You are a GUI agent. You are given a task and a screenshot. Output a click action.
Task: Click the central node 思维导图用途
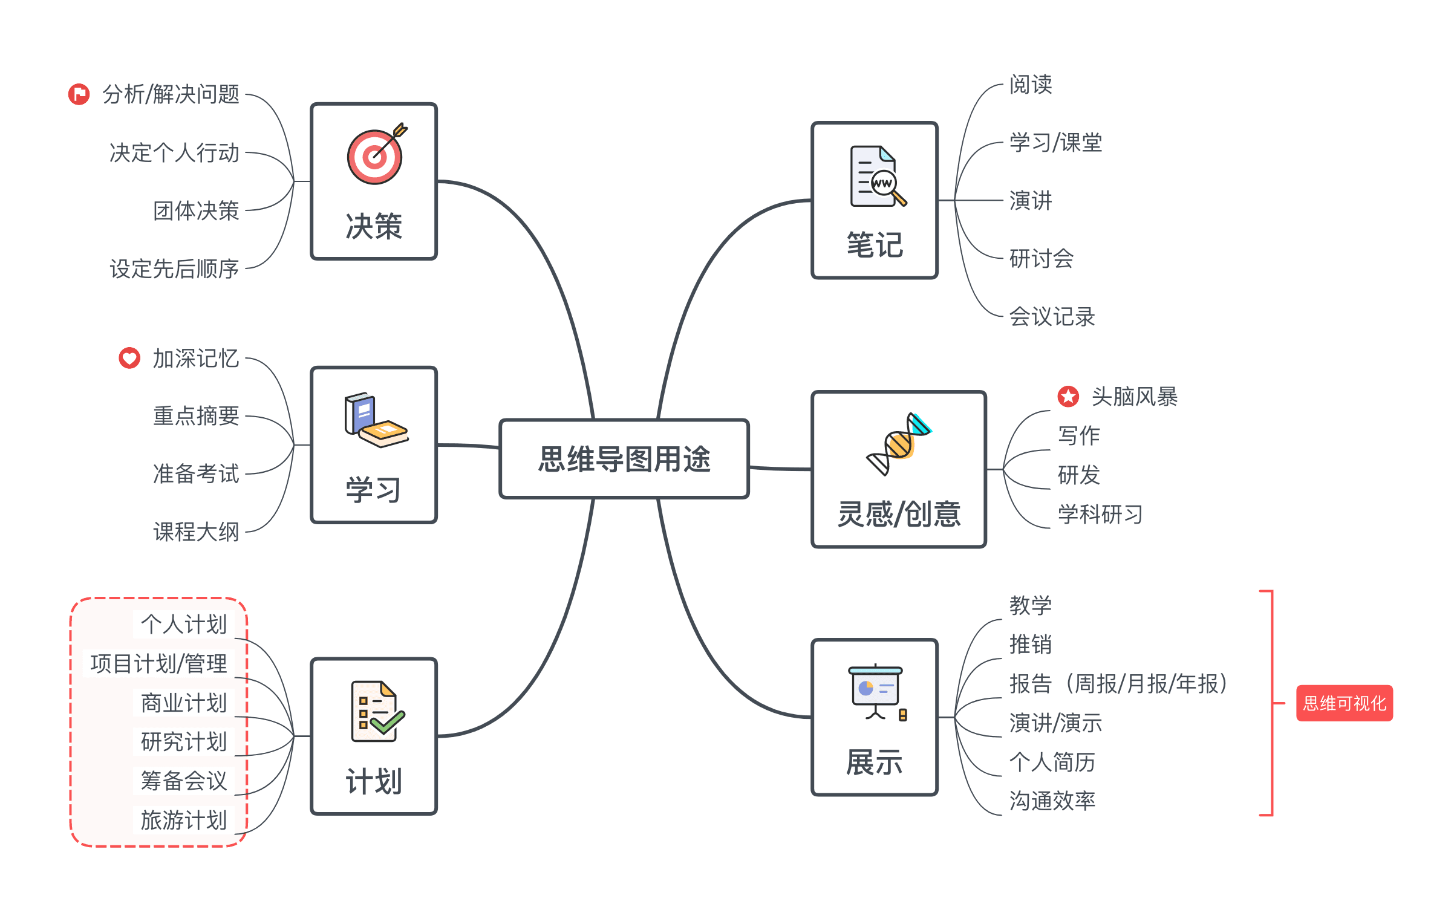[x=624, y=459]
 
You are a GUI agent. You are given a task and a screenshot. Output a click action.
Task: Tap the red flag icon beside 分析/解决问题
[x=79, y=94]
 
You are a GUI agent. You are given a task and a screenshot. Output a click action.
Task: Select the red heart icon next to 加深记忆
[x=129, y=358]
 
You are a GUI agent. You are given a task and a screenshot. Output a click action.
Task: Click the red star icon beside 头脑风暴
[x=1068, y=397]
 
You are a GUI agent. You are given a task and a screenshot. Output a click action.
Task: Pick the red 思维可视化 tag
[x=1344, y=703]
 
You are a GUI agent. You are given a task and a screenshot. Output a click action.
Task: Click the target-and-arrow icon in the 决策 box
[x=376, y=155]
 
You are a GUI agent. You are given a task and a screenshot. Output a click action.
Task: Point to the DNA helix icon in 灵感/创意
[x=898, y=443]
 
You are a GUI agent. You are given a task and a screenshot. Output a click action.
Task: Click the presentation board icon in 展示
[x=876, y=692]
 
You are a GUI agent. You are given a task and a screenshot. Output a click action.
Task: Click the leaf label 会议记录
[x=1052, y=317]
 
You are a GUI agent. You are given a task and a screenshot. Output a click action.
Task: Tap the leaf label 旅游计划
[x=183, y=821]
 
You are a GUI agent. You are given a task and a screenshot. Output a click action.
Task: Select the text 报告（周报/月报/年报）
[x=1118, y=684]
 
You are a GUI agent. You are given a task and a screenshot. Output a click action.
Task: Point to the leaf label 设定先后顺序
[x=174, y=269]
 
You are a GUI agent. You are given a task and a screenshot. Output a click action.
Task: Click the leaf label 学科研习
[x=1100, y=515]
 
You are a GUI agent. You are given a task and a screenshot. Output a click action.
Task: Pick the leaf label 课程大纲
[x=196, y=532]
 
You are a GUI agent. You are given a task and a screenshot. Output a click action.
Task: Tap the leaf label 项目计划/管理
[x=158, y=664]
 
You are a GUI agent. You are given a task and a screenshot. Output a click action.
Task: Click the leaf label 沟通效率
[x=1052, y=801]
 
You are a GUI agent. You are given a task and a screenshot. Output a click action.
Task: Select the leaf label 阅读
[x=1031, y=85]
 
